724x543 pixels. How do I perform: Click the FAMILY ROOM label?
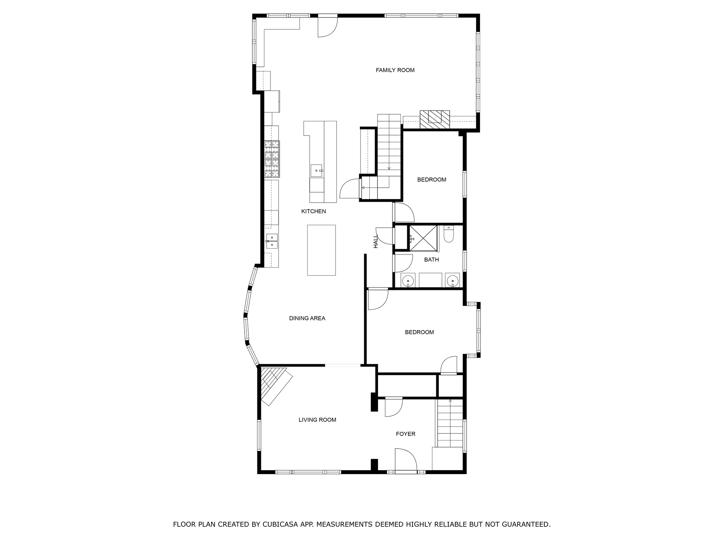pos(395,70)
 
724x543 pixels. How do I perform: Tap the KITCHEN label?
pos(313,211)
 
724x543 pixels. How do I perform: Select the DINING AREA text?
pos(307,318)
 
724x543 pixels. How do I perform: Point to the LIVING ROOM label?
pos(317,420)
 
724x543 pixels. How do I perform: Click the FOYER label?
pos(405,434)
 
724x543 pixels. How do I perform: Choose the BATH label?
pos(431,260)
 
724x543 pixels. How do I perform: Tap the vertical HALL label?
pos(376,241)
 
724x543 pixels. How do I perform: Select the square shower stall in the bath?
pos(423,238)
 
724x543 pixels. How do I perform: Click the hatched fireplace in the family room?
pos(435,120)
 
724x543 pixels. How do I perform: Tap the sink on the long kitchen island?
pos(316,170)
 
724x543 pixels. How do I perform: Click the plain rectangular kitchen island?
pos(321,250)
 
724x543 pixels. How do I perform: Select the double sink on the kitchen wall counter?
pos(271,241)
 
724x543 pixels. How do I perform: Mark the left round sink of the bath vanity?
pos(408,281)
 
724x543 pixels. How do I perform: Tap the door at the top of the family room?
pos(327,27)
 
